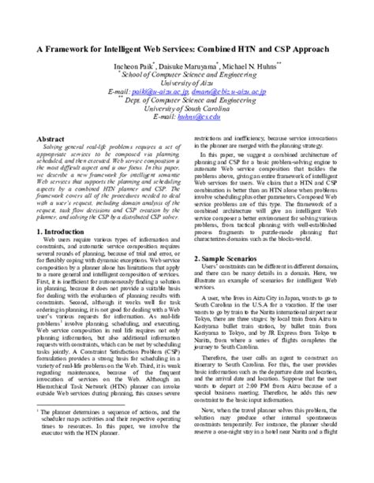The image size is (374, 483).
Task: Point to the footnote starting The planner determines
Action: pyautogui.click(x=110, y=433)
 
